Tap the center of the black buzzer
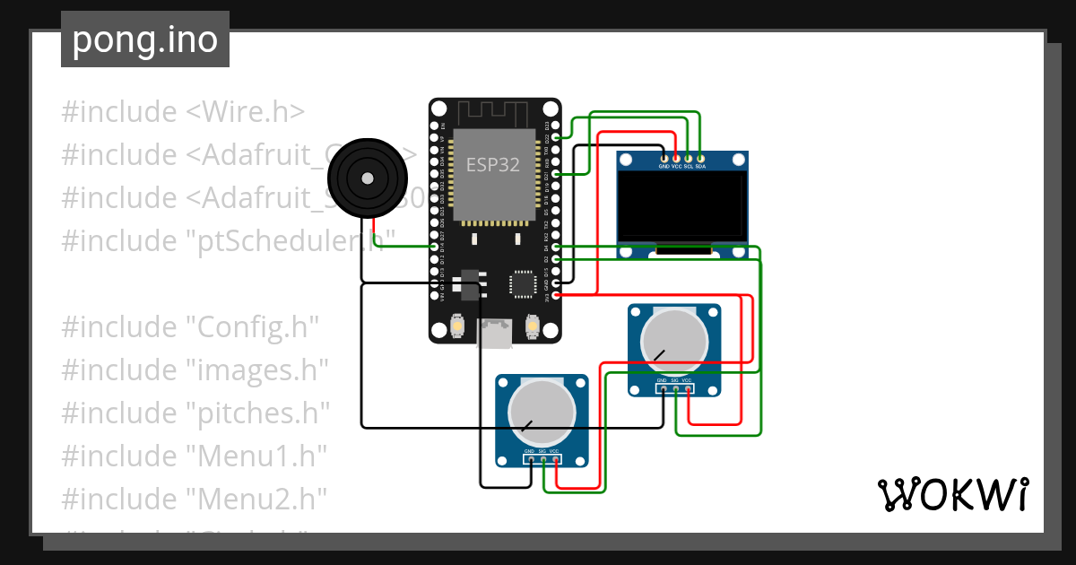(x=366, y=178)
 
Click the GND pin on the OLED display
(x=664, y=158)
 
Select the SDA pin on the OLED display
(x=700, y=158)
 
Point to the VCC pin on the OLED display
(x=676, y=158)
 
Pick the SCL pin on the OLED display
(x=688, y=158)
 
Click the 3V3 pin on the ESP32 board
(x=557, y=294)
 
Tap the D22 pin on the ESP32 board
(x=557, y=136)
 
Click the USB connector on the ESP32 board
(x=494, y=334)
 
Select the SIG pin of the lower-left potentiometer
(x=543, y=460)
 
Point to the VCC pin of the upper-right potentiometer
(x=688, y=389)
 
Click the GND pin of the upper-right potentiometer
(x=663, y=389)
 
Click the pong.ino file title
(x=145, y=40)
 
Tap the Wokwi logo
(x=951, y=494)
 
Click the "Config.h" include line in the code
(x=190, y=326)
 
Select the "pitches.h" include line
(x=195, y=413)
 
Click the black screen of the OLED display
(x=682, y=207)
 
